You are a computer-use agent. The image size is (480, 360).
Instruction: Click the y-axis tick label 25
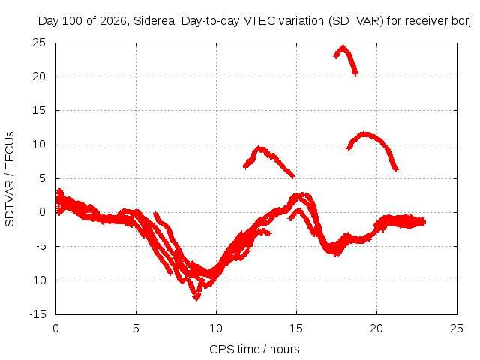[39, 43]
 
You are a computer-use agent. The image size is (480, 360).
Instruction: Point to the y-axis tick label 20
[39, 76]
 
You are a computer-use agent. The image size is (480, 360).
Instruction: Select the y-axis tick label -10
[37, 280]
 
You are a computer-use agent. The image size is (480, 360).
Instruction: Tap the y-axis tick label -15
[37, 314]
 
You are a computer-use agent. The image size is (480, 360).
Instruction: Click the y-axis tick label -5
[41, 246]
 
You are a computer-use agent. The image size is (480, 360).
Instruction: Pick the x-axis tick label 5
[136, 328]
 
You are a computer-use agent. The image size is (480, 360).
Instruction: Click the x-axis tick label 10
[216, 328]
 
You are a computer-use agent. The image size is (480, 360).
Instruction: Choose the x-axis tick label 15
[296, 328]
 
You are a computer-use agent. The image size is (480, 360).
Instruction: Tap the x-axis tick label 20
[376, 328]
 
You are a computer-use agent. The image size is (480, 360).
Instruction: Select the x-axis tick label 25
[457, 328]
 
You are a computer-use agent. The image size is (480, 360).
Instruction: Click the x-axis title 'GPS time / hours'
[254, 349]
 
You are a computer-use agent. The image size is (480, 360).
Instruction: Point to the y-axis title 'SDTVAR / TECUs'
[10, 179]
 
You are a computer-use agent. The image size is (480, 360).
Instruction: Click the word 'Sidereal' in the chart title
[155, 21]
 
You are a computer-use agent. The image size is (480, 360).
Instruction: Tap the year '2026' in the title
[113, 21]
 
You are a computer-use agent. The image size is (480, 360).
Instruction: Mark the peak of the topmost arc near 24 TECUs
[343, 46]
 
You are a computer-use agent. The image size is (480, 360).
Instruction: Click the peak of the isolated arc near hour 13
[259, 148]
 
